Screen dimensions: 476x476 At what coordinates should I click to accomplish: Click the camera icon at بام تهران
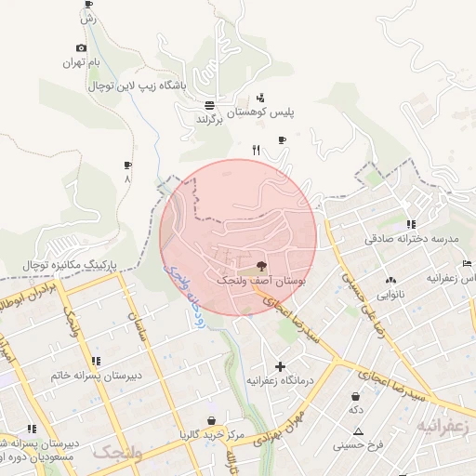81,48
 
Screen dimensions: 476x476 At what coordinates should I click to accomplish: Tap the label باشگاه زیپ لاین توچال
138,86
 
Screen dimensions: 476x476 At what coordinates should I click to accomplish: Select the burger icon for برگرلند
210,105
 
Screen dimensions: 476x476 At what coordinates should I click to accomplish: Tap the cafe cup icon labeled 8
127,165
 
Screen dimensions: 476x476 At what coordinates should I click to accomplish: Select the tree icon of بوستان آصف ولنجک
259,265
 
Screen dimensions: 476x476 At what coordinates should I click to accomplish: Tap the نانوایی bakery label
390,294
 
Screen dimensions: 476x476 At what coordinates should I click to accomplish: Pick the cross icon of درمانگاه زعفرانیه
280,366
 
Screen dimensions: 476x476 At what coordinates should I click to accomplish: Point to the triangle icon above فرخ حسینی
359,430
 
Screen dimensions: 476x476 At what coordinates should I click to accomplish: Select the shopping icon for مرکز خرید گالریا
213,420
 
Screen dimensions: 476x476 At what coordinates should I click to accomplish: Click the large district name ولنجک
117,453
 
